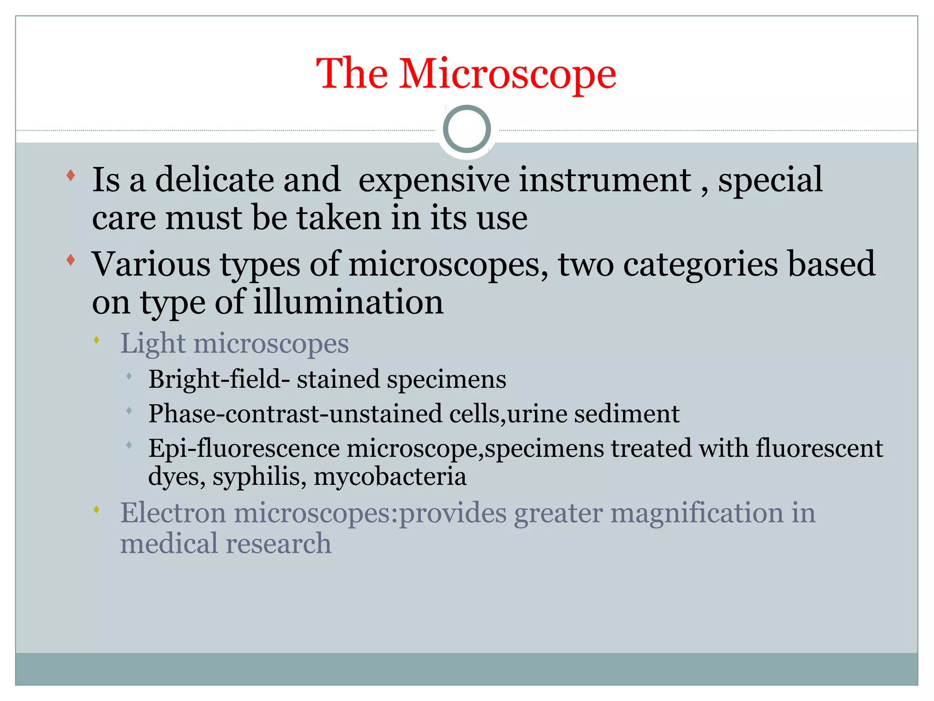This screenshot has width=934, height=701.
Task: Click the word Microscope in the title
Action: point(508,74)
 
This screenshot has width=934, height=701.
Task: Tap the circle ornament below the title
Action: point(467,129)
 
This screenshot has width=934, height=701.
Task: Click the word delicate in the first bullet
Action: point(214,180)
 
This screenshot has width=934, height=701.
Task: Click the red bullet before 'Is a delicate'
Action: point(71,175)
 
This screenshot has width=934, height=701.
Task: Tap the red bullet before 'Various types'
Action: point(71,260)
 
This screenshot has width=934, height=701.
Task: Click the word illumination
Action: point(348,302)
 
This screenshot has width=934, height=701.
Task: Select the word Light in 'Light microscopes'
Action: point(152,344)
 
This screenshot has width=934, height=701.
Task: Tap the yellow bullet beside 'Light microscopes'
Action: point(96,340)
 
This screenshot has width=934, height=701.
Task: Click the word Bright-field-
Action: point(219,379)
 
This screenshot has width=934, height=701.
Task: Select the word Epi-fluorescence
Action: point(244,448)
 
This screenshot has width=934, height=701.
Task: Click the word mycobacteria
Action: point(390,477)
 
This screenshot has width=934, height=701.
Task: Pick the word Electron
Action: point(173,513)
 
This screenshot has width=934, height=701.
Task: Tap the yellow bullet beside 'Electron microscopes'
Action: point(96,509)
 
